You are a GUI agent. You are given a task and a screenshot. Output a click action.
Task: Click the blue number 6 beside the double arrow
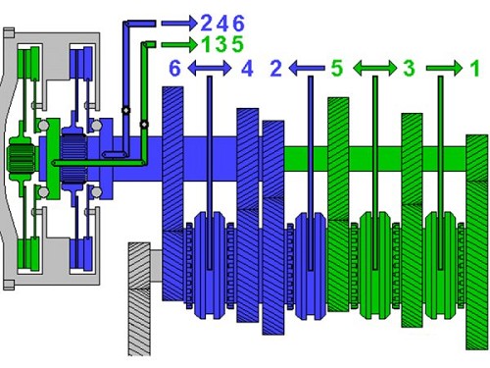tap(174, 69)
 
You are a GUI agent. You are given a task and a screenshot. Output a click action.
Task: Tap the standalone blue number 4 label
tap(247, 69)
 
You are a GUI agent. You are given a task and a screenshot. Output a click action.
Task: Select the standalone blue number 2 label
tap(276, 69)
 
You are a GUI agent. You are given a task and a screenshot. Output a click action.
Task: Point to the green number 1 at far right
tap(475, 69)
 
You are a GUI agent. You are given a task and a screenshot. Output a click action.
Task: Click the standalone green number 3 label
tap(409, 69)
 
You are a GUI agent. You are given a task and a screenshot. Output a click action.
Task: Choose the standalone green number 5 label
tap(337, 69)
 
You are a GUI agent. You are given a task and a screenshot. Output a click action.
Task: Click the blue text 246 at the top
tap(222, 24)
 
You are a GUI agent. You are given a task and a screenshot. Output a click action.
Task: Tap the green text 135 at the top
tap(222, 44)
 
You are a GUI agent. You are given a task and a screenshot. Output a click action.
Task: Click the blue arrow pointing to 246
tap(179, 24)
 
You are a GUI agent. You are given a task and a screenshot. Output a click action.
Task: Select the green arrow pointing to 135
tap(179, 44)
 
